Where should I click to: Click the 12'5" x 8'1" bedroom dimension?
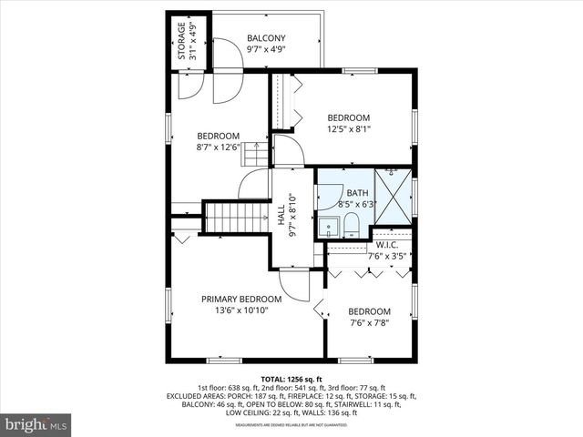(x=349, y=129)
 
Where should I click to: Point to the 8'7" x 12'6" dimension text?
(x=219, y=147)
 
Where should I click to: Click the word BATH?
(x=357, y=193)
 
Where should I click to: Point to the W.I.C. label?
(x=387, y=245)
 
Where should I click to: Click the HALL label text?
(x=281, y=216)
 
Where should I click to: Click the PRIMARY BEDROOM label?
(x=240, y=299)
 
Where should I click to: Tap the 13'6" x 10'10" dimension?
(x=240, y=310)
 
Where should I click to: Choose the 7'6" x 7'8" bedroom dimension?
(x=369, y=322)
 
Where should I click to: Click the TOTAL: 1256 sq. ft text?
(x=291, y=378)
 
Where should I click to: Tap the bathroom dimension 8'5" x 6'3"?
(x=357, y=205)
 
